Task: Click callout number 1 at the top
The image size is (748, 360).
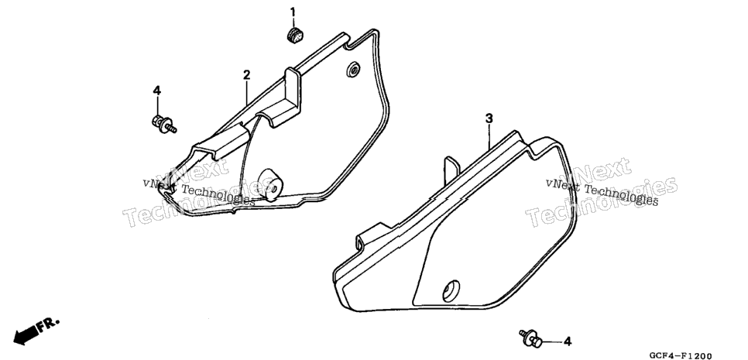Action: (293, 12)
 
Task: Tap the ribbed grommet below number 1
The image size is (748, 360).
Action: (296, 36)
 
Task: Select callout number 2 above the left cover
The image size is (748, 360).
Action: (247, 75)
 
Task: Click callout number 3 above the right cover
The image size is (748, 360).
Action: (489, 118)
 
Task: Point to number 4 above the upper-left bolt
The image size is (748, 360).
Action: (157, 90)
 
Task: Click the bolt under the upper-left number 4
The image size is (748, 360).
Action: (164, 124)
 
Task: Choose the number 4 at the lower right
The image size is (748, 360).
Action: (568, 341)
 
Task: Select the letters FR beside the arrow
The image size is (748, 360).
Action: (49, 324)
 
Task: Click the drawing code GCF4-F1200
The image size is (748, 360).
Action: (680, 355)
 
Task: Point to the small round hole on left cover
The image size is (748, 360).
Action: (353, 69)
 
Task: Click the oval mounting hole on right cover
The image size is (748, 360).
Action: (451, 290)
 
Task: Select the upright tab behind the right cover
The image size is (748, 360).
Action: (451, 170)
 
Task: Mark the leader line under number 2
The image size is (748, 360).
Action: (247, 94)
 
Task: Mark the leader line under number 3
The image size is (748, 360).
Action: (489, 137)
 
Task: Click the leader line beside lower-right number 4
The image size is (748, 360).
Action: (551, 342)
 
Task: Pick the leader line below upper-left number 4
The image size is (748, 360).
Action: (157, 106)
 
